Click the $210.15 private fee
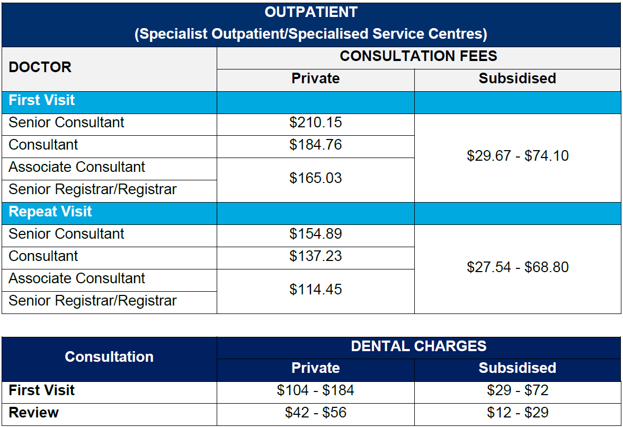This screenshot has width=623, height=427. [315, 123]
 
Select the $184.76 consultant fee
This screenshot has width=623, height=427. [315, 145]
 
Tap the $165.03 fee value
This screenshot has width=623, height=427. [315, 178]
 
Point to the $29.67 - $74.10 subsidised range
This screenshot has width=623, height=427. [518, 156]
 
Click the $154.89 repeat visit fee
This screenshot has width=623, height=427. [315, 234]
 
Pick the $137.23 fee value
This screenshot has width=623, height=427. [315, 256]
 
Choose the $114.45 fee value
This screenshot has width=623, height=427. [315, 290]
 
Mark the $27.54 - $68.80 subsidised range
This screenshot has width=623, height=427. [518, 267]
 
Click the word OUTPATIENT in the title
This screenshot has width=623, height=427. [311, 12]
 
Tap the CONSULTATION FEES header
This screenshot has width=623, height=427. [419, 56]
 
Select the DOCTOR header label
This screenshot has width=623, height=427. [40, 67]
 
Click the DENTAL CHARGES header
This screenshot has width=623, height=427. [419, 346]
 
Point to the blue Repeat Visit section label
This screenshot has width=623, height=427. [50, 212]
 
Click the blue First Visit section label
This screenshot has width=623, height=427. [42, 100]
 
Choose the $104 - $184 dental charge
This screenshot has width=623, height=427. [315, 391]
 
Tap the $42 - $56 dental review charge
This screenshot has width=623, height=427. [315, 413]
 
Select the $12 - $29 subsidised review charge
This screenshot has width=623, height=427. [518, 413]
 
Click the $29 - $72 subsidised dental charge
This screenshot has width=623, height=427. [518, 391]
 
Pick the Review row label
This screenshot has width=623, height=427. [33, 413]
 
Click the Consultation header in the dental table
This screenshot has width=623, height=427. [109, 357]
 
